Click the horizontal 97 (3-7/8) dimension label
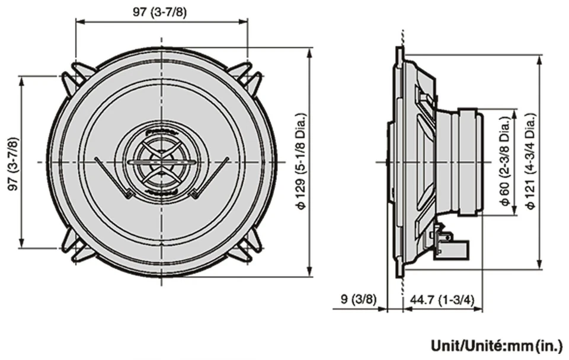[x=161, y=11]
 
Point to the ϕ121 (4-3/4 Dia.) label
[x=530, y=161]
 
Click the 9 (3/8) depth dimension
[x=359, y=299]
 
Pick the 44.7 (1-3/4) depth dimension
[x=442, y=299]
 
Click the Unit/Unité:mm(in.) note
[x=497, y=345]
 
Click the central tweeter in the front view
[x=161, y=161]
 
